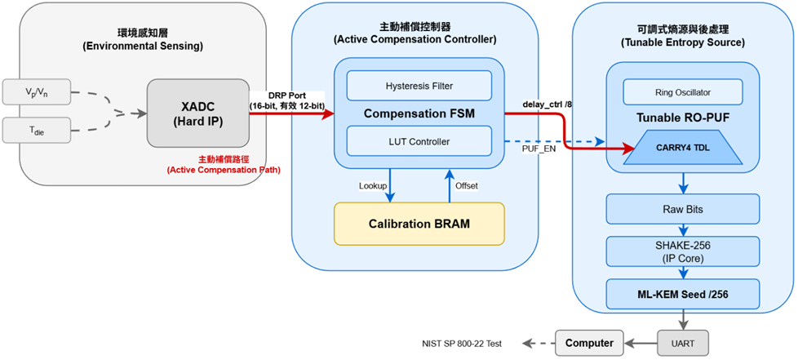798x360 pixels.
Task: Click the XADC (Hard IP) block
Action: (198, 113)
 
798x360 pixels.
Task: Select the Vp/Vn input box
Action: (38, 92)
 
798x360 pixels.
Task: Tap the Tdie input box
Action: (38, 129)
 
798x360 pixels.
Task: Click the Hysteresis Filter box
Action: (419, 85)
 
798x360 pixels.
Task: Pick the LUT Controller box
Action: (419, 141)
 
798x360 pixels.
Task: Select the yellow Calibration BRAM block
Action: (419, 224)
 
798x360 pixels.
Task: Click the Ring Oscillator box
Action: (682, 92)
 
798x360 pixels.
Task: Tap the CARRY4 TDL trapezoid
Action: (682, 149)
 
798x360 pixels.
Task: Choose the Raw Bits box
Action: (682, 209)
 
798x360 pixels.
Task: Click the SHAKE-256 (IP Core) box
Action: (682, 250)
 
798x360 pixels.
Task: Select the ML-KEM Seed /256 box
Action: (682, 292)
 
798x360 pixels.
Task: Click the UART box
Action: (682, 342)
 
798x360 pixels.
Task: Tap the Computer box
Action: (584, 342)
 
